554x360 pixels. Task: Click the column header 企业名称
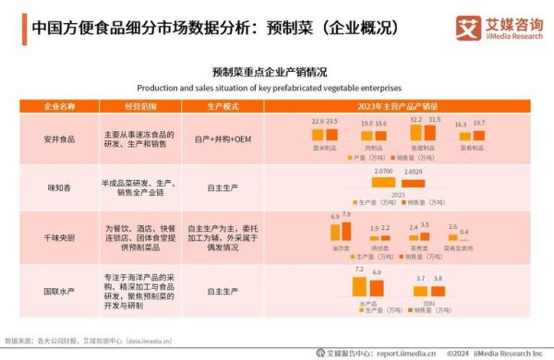[60, 106]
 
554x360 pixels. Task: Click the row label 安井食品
[60, 138]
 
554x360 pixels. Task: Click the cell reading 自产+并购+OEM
[222, 138]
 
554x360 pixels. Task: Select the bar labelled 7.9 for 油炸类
[347, 229]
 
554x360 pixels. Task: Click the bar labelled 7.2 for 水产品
[359, 287]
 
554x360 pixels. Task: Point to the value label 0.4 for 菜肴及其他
[464, 232]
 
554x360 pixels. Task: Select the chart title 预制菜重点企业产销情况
[269, 72]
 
